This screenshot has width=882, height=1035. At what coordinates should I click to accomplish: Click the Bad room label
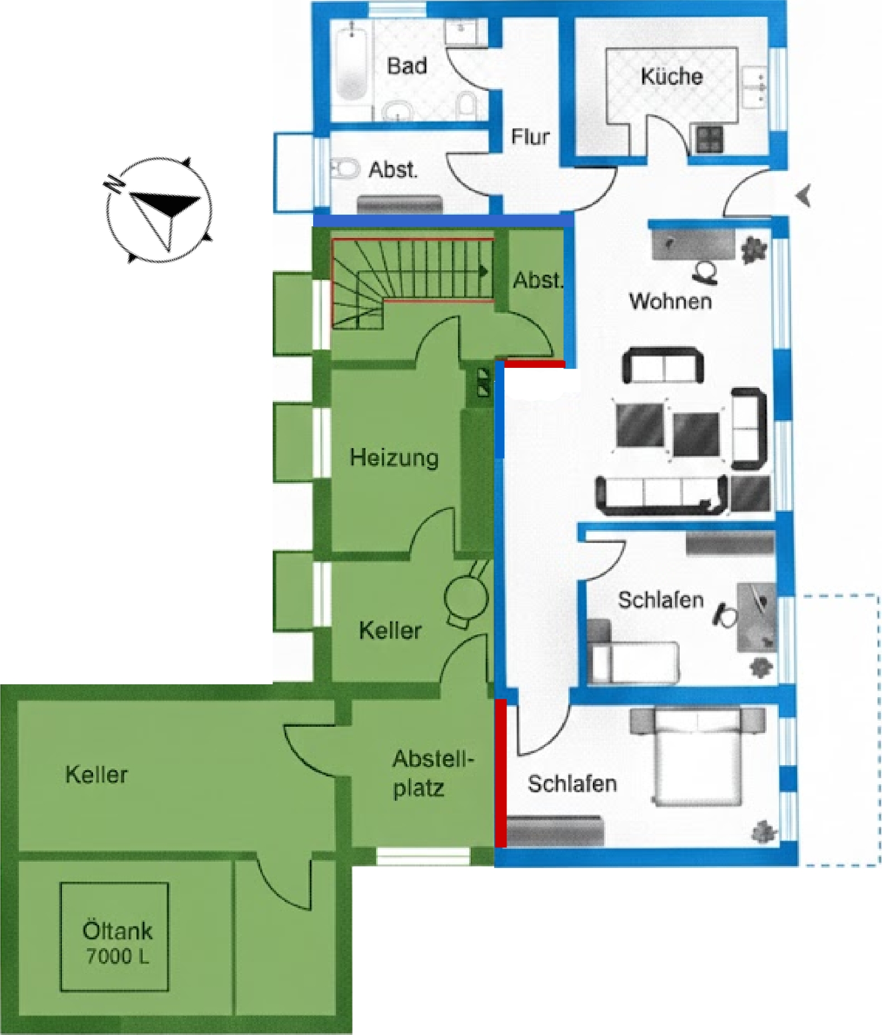tap(407, 66)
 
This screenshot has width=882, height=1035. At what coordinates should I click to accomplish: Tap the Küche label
tap(671, 76)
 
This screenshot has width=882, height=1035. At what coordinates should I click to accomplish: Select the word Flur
tap(530, 137)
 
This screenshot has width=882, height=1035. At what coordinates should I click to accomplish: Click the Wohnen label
tap(670, 301)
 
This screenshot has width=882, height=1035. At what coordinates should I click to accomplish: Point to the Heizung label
tap(394, 458)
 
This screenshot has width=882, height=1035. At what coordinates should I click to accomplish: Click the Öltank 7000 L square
tap(114, 936)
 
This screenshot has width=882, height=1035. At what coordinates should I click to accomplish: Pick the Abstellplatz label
tap(433, 774)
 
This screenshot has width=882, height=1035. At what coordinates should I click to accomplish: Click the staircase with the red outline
tap(412, 283)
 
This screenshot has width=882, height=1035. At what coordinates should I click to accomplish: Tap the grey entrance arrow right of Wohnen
tap(803, 196)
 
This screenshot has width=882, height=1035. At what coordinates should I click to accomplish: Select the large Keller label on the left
tap(96, 775)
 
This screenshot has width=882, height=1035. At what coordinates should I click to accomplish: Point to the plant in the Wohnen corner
tap(754, 249)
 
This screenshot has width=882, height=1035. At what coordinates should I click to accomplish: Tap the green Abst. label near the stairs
tap(538, 280)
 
